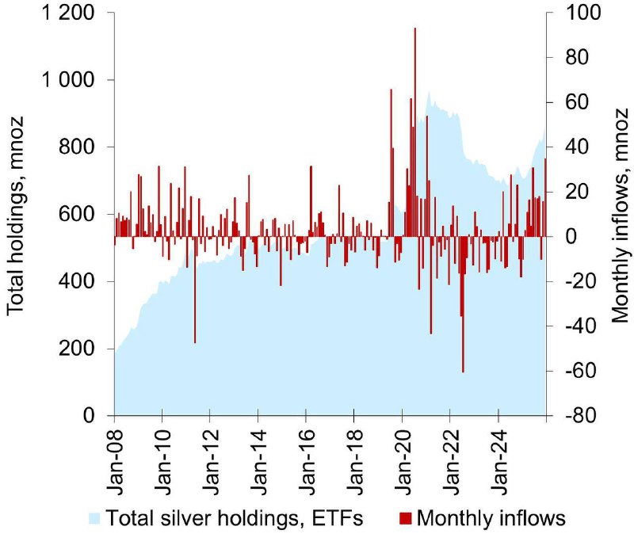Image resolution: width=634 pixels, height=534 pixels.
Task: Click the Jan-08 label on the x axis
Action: pos(115,456)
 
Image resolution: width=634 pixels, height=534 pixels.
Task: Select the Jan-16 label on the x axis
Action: pos(307,456)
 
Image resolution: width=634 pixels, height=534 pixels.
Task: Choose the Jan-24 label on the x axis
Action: pos(498,456)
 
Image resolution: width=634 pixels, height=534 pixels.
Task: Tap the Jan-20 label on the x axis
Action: pos(403,456)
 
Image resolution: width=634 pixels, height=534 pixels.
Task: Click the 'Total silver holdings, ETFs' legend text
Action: pos(233,519)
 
